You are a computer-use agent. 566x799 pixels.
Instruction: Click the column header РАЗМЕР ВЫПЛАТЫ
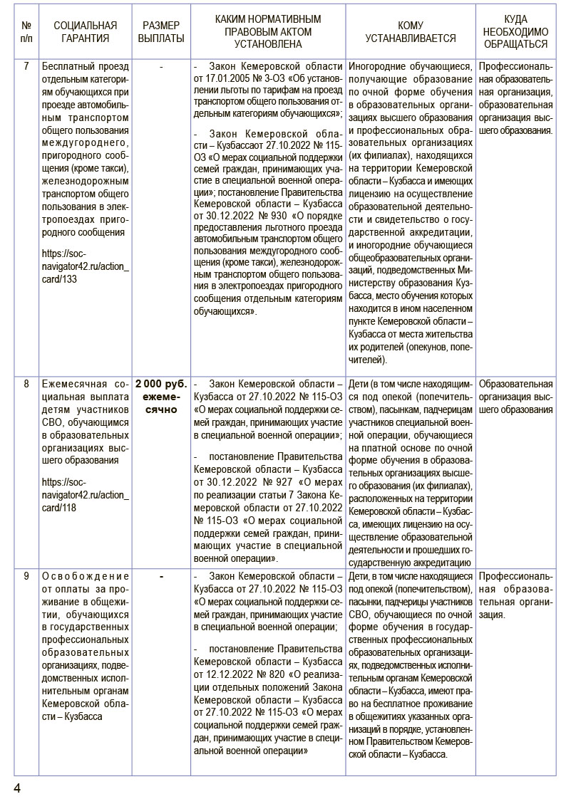coord(161,32)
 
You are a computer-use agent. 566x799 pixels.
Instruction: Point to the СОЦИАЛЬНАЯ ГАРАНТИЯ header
coord(86,32)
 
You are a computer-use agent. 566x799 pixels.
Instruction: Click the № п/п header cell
coord(26,32)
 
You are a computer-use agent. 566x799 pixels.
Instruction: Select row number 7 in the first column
coord(26,66)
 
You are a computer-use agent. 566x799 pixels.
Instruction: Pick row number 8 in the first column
coord(26,384)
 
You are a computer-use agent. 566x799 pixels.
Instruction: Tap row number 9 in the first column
coord(26,576)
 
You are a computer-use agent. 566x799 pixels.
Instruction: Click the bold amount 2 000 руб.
coord(161,384)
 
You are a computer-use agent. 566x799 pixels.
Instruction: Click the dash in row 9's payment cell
coord(161,576)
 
